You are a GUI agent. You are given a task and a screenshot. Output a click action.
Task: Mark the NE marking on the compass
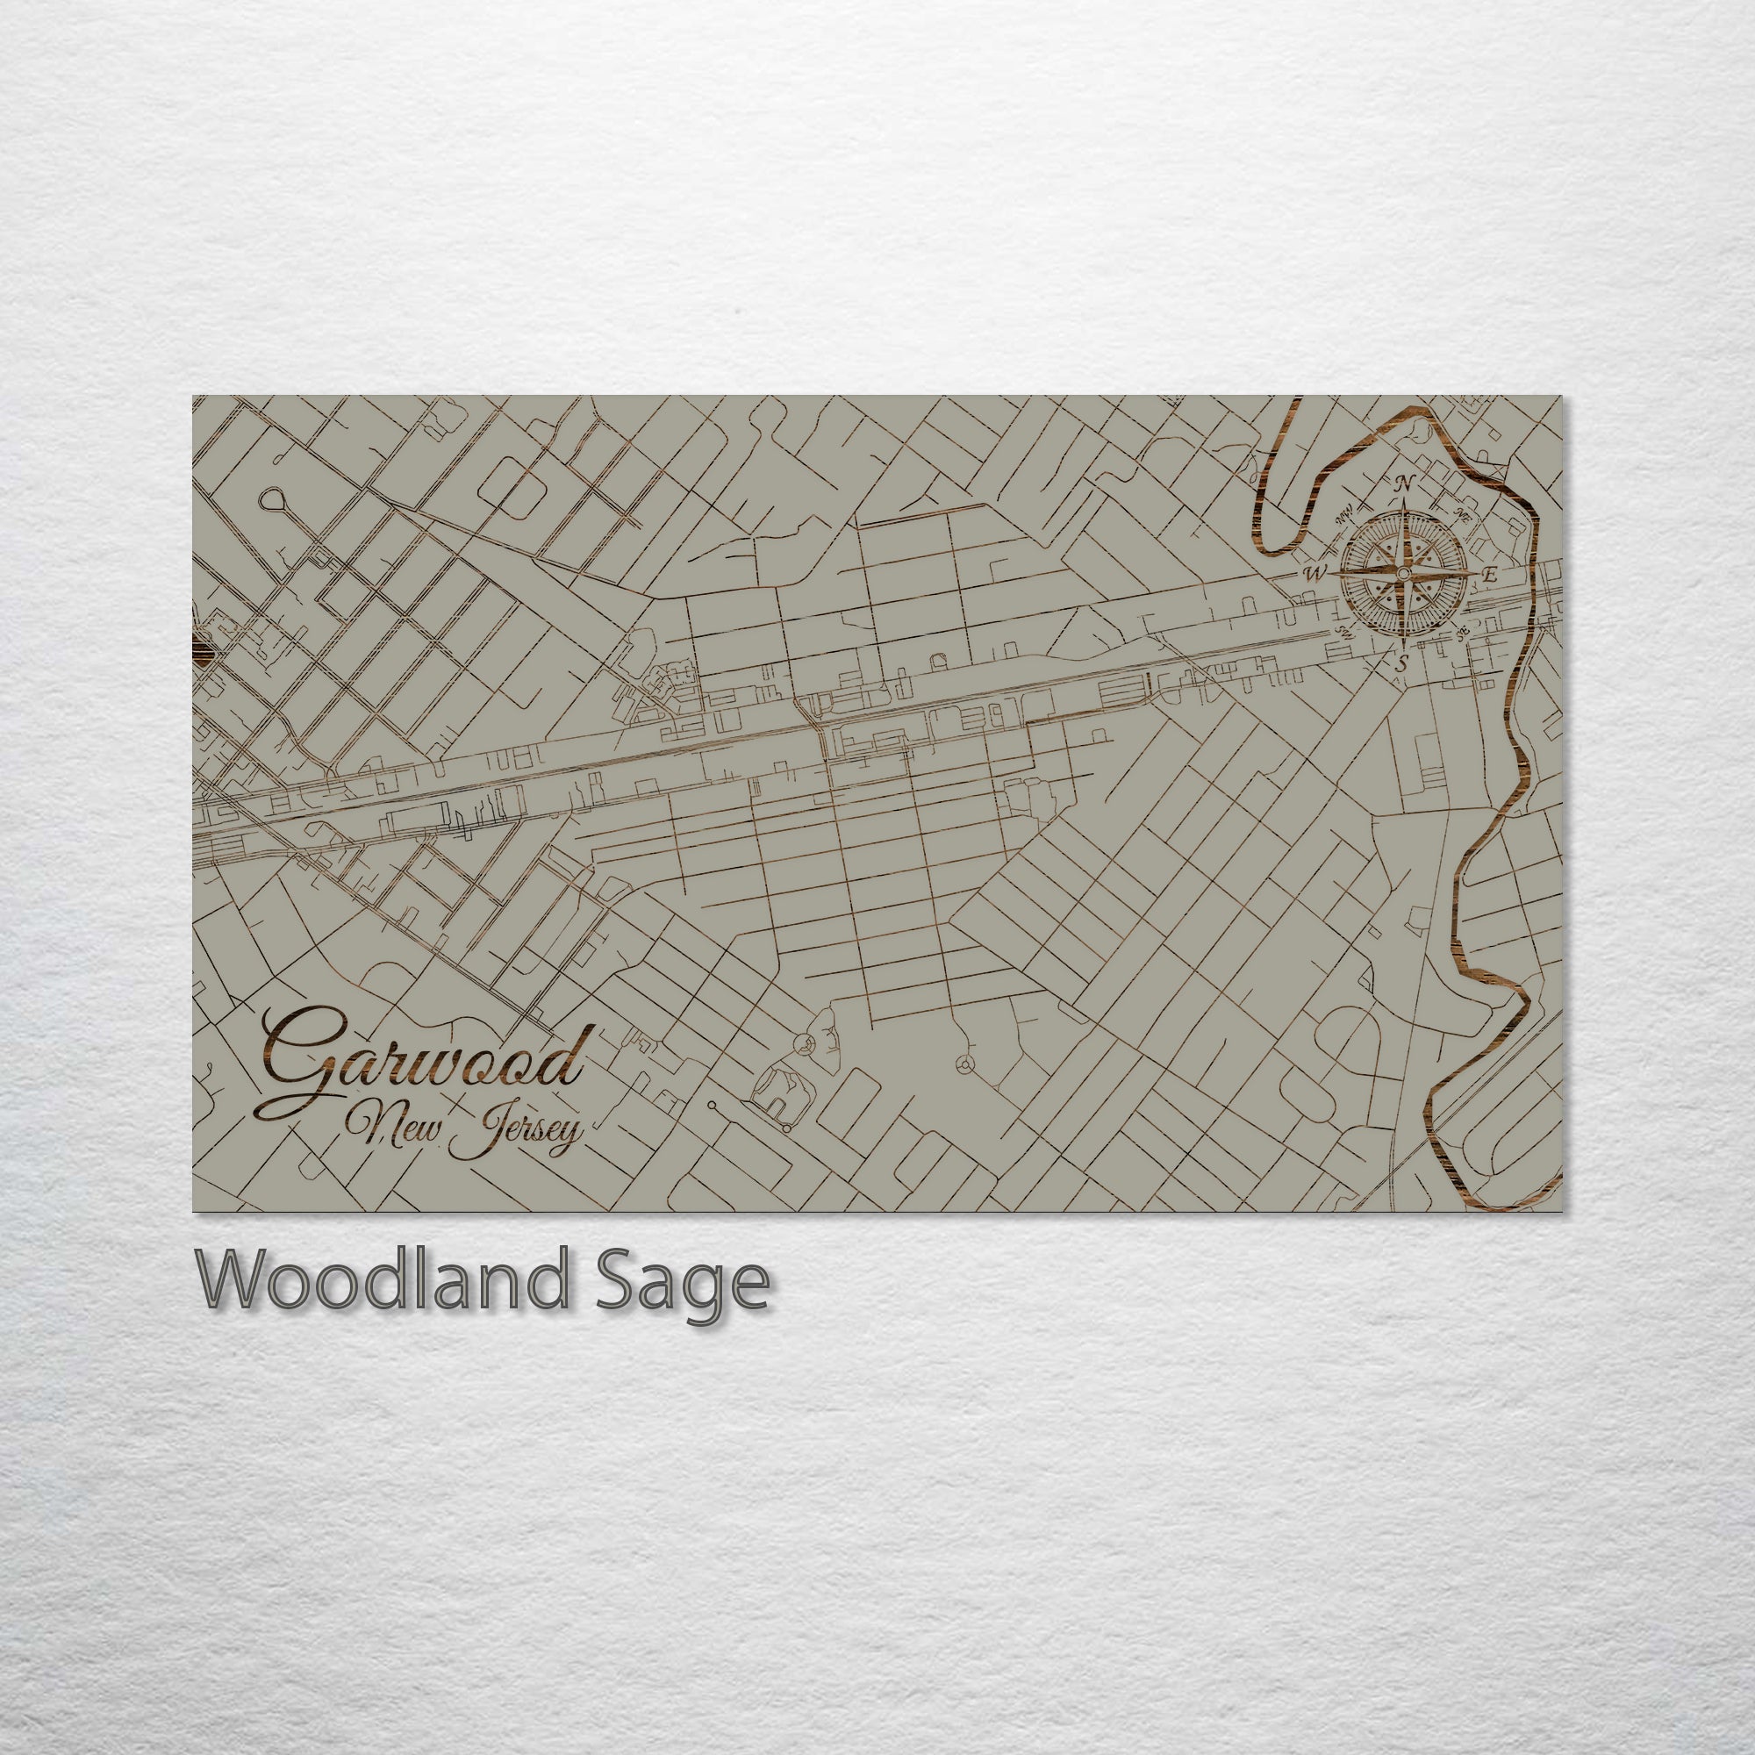pyautogui.click(x=1462, y=516)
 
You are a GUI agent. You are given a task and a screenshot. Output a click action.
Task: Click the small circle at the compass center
pyautogui.click(x=1402, y=574)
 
